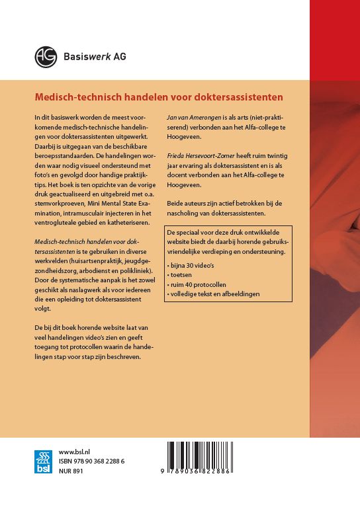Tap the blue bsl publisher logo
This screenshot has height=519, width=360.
pos(43,461)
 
